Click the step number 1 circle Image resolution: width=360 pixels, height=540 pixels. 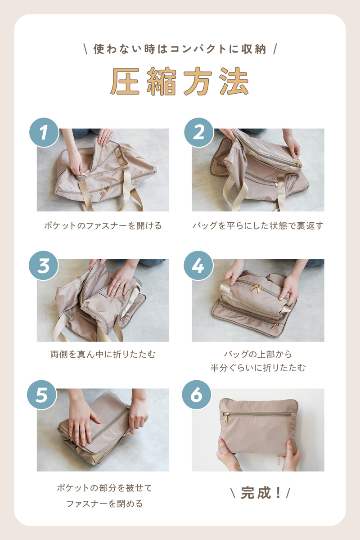(44, 132)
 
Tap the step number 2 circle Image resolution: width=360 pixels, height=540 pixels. (199, 132)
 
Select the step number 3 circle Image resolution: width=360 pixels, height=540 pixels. (44, 265)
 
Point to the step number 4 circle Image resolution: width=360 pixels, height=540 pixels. (198, 265)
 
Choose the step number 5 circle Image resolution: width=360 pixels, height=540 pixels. (42, 395)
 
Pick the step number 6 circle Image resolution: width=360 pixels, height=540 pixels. (197, 395)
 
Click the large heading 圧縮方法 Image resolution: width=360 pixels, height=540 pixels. (180, 81)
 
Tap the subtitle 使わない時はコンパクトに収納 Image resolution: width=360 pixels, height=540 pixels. (180, 49)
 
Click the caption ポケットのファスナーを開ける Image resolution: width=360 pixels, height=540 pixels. (103, 226)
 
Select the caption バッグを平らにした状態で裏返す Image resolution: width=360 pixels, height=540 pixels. (258, 226)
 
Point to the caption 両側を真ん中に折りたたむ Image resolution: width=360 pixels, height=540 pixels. (103, 355)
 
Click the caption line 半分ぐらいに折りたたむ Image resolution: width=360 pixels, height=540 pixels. (258, 368)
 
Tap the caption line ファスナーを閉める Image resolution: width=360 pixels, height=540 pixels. (105, 504)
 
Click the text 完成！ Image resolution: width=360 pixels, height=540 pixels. (261, 493)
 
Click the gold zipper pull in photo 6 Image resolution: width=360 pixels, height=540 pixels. (226, 418)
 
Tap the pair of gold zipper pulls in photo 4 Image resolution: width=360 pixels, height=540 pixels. (256, 289)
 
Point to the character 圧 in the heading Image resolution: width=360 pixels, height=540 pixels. (125, 81)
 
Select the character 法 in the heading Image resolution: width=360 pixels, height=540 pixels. (234, 81)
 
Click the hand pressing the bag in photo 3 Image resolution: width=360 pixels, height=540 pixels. (121, 282)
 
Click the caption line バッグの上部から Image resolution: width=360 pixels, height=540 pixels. (258, 355)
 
